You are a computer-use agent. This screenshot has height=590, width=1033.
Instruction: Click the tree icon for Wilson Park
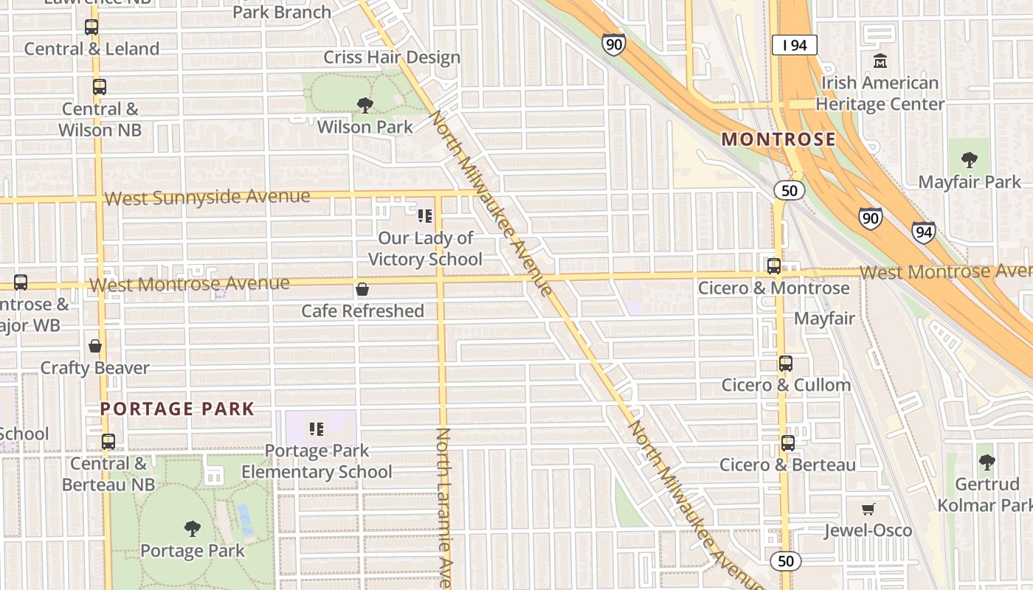click(365, 105)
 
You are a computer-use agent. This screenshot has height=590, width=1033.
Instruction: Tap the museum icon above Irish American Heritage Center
click(880, 60)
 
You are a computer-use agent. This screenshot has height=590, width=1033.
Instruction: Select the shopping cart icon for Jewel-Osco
click(868, 509)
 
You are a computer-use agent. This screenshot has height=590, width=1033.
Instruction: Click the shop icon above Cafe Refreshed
click(362, 289)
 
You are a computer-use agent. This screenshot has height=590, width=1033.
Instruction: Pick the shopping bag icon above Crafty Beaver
click(95, 345)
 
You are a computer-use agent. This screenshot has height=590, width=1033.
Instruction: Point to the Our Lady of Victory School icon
click(425, 216)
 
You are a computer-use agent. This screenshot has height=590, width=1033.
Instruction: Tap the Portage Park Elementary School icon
click(317, 428)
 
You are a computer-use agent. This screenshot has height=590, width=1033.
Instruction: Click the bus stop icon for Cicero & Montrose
click(774, 266)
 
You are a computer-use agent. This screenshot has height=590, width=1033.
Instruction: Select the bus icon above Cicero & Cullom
click(786, 363)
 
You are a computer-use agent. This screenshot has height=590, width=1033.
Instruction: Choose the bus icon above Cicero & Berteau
click(788, 442)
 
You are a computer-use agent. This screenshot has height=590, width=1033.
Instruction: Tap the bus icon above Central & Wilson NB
click(100, 87)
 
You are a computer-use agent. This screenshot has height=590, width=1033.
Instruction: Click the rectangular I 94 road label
click(795, 46)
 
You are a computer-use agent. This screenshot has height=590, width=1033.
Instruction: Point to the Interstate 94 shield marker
click(923, 233)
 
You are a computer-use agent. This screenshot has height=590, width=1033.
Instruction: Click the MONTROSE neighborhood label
click(778, 139)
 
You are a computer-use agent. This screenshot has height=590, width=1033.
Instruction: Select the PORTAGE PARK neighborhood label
click(177, 409)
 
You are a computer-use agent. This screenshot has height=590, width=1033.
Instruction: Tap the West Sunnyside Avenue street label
click(207, 198)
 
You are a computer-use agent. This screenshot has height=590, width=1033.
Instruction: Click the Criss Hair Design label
click(392, 58)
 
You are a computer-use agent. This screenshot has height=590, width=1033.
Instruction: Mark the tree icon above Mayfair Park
click(970, 159)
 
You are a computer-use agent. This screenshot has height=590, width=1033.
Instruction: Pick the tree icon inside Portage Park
click(193, 528)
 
